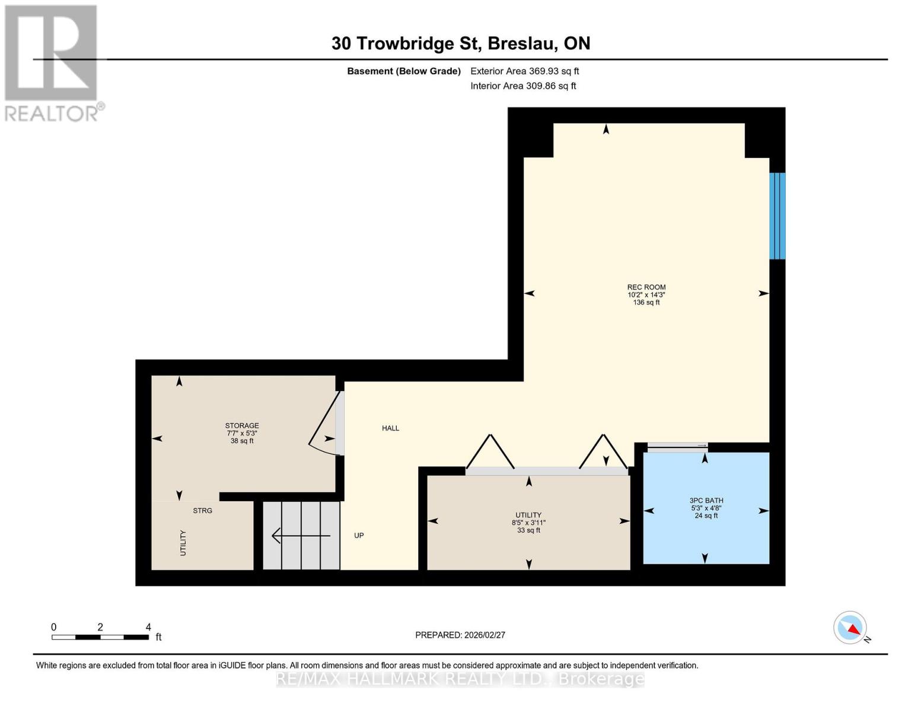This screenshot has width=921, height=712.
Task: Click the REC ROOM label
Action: click(x=646, y=287)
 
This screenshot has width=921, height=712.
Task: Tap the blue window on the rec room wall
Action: click(x=777, y=216)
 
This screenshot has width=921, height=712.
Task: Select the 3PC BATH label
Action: click(x=706, y=500)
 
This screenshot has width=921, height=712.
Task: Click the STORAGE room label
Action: click(x=241, y=425)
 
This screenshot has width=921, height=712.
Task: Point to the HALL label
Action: click(x=390, y=428)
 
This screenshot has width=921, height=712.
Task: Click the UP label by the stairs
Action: click(x=359, y=536)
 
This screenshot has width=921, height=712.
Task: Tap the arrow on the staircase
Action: click(x=301, y=536)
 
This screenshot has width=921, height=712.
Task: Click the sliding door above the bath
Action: click(x=678, y=445)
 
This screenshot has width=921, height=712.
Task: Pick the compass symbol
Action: click(x=850, y=628)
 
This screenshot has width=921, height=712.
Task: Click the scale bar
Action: click(x=100, y=637)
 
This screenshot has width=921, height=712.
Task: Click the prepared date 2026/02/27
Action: click(x=485, y=635)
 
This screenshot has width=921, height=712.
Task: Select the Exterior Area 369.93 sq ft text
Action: click(x=525, y=71)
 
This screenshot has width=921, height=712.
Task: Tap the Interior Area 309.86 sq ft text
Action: click(x=524, y=86)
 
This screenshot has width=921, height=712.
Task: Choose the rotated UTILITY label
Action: click(x=183, y=543)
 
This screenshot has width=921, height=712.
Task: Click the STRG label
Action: click(x=203, y=511)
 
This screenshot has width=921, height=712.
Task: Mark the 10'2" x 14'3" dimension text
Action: click(x=646, y=295)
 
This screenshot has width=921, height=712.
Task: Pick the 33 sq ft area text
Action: click(x=528, y=530)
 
